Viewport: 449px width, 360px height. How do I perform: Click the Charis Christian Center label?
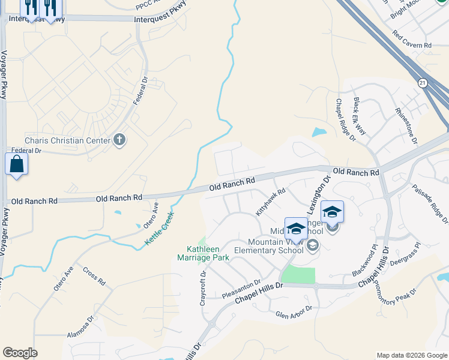[x=67, y=140]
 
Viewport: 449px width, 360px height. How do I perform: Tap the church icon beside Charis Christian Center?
[x=119, y=140]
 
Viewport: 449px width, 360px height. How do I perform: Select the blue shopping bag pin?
[x=16, y=164]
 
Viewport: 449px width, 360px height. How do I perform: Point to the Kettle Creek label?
[x=160, y=228]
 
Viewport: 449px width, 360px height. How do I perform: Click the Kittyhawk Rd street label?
[x=271, y=202]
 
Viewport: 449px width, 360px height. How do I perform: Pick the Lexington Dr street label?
[x=318, y=195]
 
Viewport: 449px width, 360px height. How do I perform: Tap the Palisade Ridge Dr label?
[x=430, y=202]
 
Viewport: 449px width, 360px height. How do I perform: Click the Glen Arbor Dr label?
[x=294, y=312]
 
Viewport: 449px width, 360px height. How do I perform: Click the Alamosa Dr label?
[x=80, y=328]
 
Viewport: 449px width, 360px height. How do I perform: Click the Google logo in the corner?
[x=20, y=353]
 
